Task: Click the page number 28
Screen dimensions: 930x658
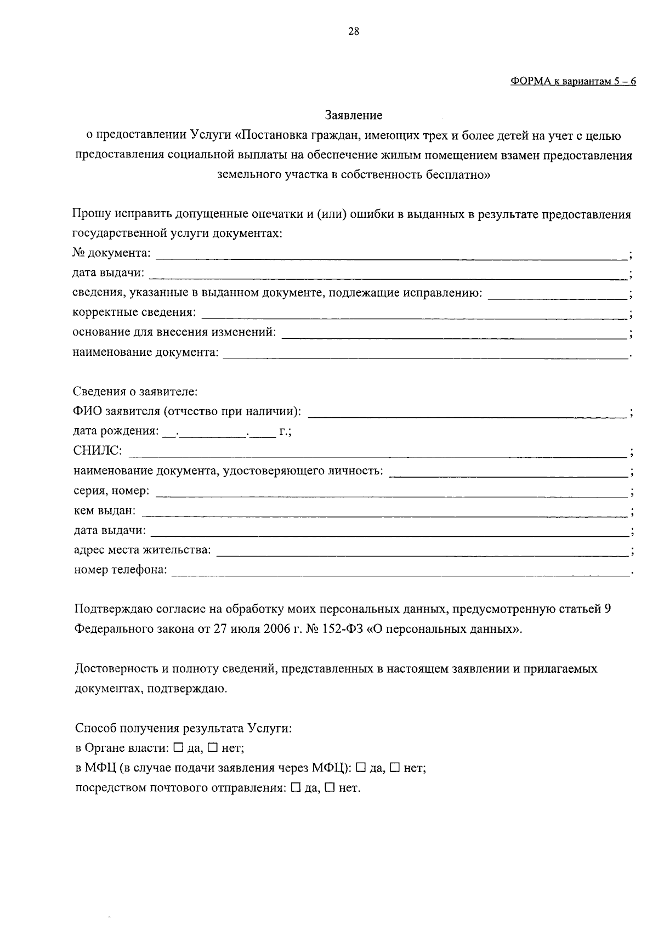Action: coord(354,31)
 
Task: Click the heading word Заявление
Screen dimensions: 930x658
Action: coord(354,115)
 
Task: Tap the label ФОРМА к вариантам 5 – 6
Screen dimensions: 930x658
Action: coord(573,81)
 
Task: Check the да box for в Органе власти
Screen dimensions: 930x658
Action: coord(178,747)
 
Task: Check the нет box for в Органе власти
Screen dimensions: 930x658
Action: coord(212,747)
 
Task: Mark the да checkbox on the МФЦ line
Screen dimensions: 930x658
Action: coord(361,768)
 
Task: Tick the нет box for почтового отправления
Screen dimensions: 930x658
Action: coord(330,788)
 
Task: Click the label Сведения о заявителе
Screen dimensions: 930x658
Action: coord(135,392)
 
